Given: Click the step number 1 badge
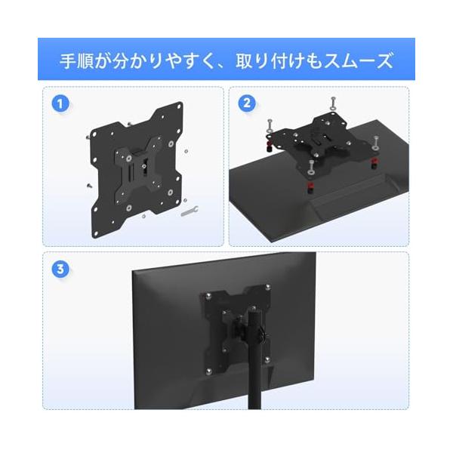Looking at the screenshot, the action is (60, 104).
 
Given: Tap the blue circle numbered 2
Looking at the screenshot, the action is (247, 103).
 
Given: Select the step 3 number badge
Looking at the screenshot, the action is (60, 270).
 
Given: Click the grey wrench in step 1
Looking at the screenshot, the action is (190, 211).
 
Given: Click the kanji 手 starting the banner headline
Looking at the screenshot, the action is (68, 60).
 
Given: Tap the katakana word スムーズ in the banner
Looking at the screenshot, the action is (359, 60).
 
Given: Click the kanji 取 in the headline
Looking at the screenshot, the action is (244, 60).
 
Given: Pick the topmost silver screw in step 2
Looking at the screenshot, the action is (334, 103).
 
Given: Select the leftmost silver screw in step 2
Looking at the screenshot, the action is (270, 125).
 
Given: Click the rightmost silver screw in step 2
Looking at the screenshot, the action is (375, 143).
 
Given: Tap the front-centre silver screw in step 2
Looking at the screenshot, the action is (311, 168).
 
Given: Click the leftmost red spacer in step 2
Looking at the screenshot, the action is (270, 146).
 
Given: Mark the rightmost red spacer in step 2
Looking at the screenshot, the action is (374, 163).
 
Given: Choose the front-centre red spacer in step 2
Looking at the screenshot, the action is (310, 187).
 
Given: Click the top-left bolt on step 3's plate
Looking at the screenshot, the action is (208, 296).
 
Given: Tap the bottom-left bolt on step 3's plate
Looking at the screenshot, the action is (208, 371).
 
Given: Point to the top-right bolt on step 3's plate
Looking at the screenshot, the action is (268, 287).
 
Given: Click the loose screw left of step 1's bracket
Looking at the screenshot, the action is (89, 186).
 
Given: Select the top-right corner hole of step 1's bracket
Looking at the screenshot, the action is (180, 106).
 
